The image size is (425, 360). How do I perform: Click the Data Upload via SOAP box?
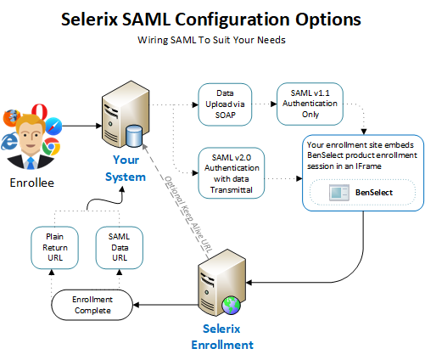point(225,104)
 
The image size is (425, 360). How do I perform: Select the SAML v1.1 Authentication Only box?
point(310,104)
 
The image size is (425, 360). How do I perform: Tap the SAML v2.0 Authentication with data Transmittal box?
point(232,173)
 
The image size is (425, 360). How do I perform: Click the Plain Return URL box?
point(54,248)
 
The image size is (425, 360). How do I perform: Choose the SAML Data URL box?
point(120,248)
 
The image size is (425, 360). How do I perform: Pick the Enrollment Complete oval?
point(92,305)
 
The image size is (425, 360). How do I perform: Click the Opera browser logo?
point(40,111)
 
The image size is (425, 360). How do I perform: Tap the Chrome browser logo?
point(51,146)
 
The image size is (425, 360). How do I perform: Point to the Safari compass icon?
point(53,126)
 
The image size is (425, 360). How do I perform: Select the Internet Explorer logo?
point(9,142)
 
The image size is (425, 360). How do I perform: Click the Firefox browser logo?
point(11,118)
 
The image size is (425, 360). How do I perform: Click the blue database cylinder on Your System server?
point(134,136)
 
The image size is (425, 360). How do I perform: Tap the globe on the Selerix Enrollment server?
point(232,306)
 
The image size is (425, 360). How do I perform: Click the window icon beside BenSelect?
point(339,193)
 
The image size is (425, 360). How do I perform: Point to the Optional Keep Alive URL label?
point(188,214)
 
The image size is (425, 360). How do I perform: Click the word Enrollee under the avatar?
point(32,183)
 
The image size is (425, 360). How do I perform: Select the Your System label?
point(126,168)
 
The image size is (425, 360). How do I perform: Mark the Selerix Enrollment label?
point(222,337)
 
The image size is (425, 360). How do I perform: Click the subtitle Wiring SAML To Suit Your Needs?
point(211,40)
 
